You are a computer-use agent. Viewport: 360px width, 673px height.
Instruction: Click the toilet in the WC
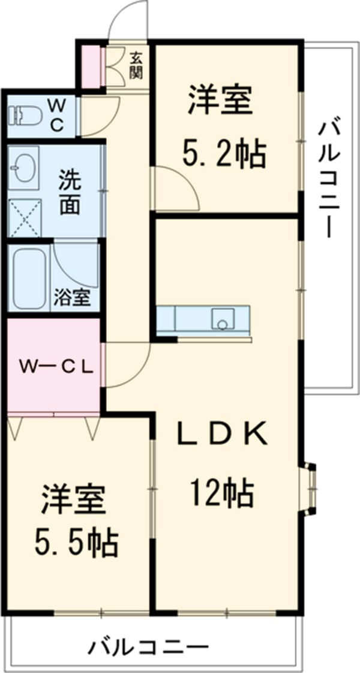pos(25,114)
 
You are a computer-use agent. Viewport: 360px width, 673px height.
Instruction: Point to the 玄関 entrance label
pos(137,65)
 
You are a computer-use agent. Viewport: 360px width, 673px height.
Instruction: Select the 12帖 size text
pos(222,494)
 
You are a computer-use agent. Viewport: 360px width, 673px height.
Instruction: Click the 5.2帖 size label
pos(223,155)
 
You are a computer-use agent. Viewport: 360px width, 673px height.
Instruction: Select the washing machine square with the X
pos(24,217)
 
